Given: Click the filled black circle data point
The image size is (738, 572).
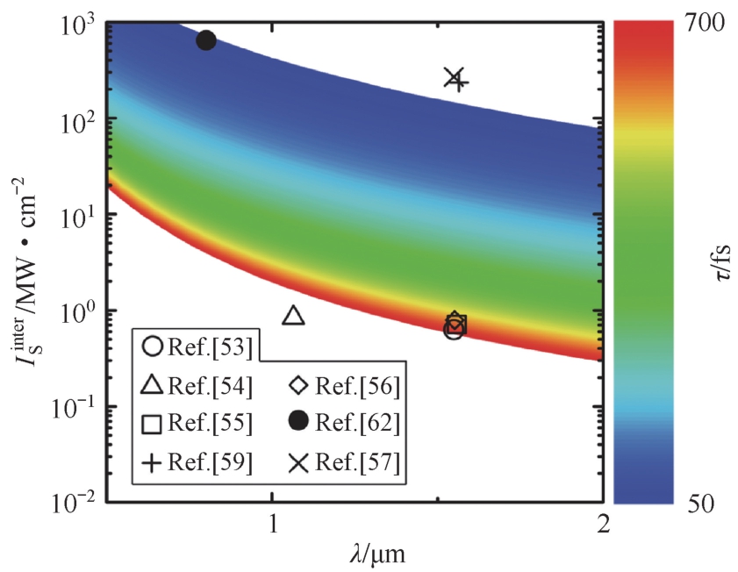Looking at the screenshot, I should click(x=206, y=40).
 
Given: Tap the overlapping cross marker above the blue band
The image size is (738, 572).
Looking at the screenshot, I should click(x=455, y=79).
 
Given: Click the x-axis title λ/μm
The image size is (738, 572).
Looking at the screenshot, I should click(x=369, y=555).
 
